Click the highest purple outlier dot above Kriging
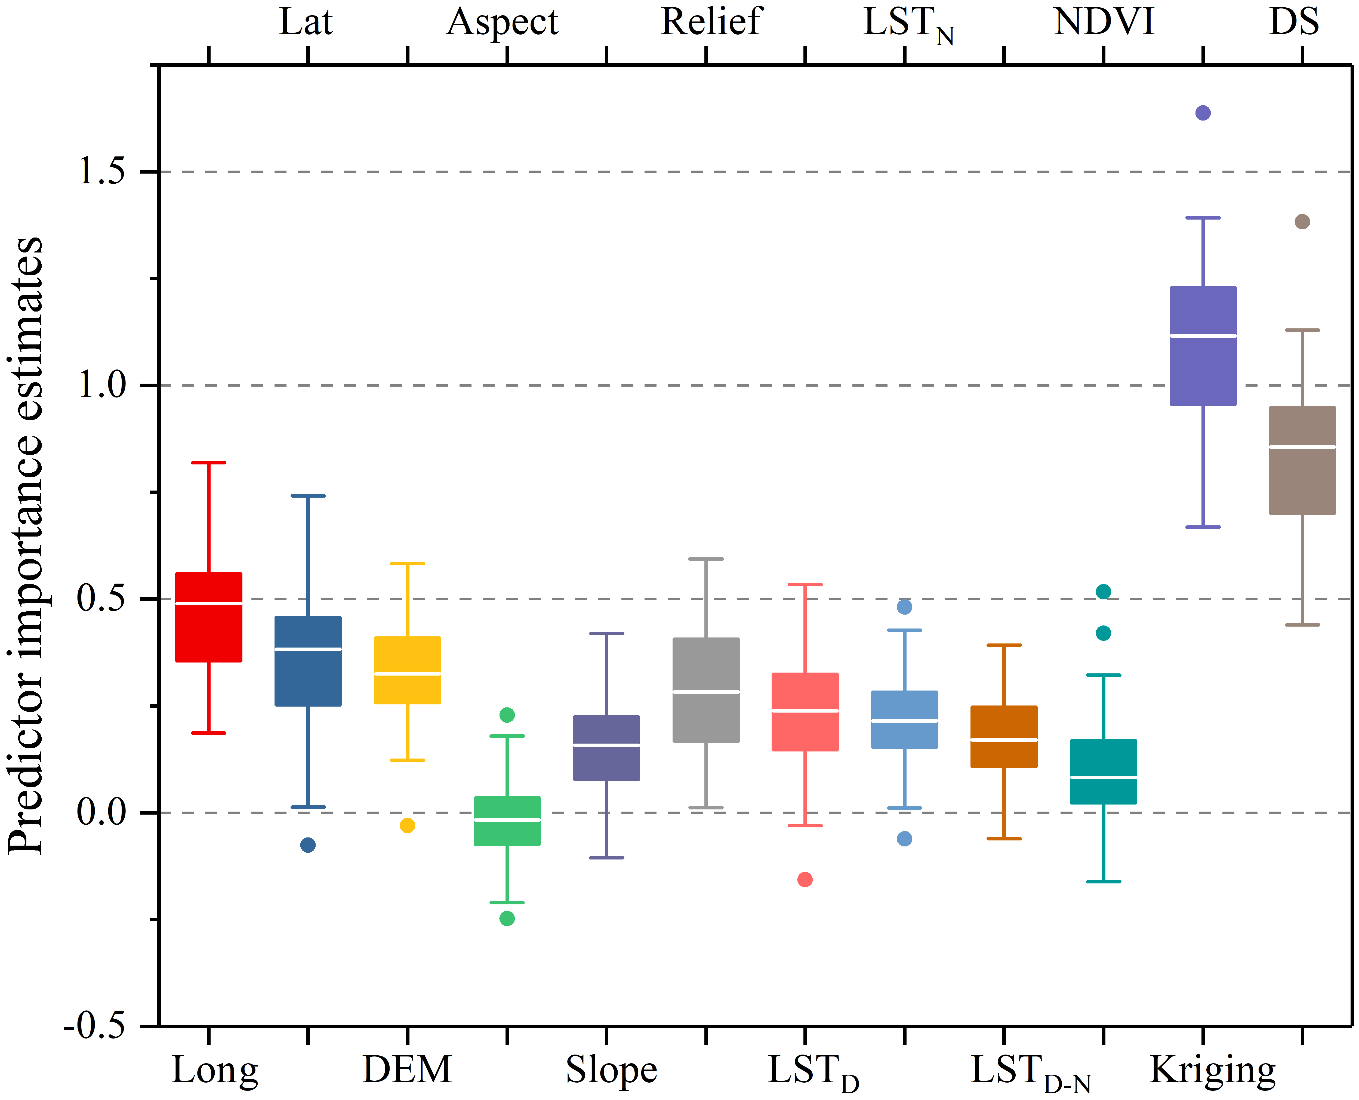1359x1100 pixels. pyautogui.click(x=1203, y=113)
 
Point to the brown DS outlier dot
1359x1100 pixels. pyautogui.click(x=1302, y=222)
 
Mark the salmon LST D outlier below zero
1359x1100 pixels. pyautogui.click(x=805, y=880)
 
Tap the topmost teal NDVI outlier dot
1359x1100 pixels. pyautogui.click(x=1103, y=592)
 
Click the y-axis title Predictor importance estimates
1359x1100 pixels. pyautogui.click(x=25, y=545)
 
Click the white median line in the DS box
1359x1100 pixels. pyautogui.click(x=1302, y=447)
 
